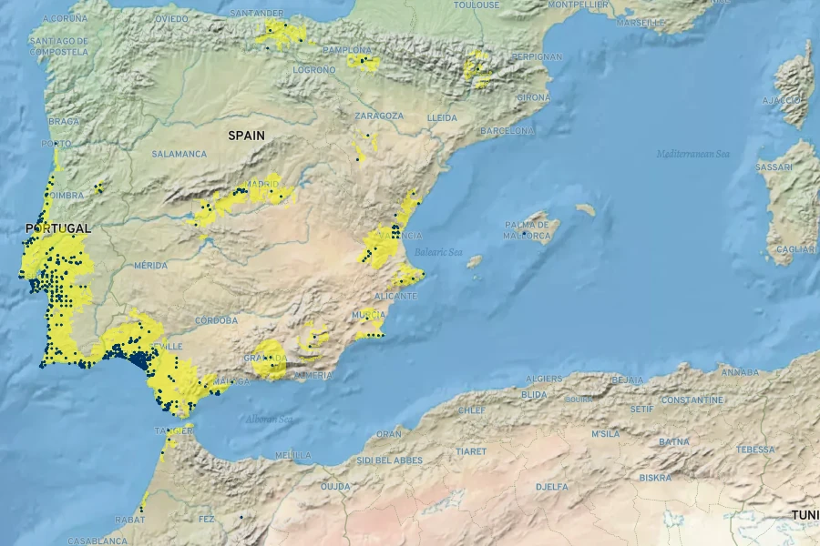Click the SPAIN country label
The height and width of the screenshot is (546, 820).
pyautogui.click(x=246, y=136)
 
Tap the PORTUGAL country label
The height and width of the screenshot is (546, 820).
pyautogui.click(x=58, y=227)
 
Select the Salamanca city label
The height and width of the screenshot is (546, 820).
pyautogui.click(x=179, y=154)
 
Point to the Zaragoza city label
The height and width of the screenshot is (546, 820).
pyautogui.click(x=379, y=116)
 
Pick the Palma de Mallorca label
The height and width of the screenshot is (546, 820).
pyautogui.click(x=527, y=230)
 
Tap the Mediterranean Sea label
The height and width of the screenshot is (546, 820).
pyautogui.click(x=693, y=154)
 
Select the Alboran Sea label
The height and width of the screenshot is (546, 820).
pyautogui.click(x=269, y=419)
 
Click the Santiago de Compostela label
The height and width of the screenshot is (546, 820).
pyautogui.click(x=58, y=46)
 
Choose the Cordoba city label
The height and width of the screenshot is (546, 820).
pyautogui.click(x=216, y=320)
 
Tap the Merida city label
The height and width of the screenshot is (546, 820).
pyautogui.click(x=150, y=265)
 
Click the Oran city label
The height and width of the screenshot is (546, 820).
pyautogui.click(x=388, y=434)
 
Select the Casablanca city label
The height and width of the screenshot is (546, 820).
pyautogui.click(x=97, y=541)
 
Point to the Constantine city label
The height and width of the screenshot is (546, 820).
pyautogui.click(x=692, y=399)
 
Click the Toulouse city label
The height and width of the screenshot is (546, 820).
pyautogui.click(x=477, y=5)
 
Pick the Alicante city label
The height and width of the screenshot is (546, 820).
pyautogui.click(x=395, y=297)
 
